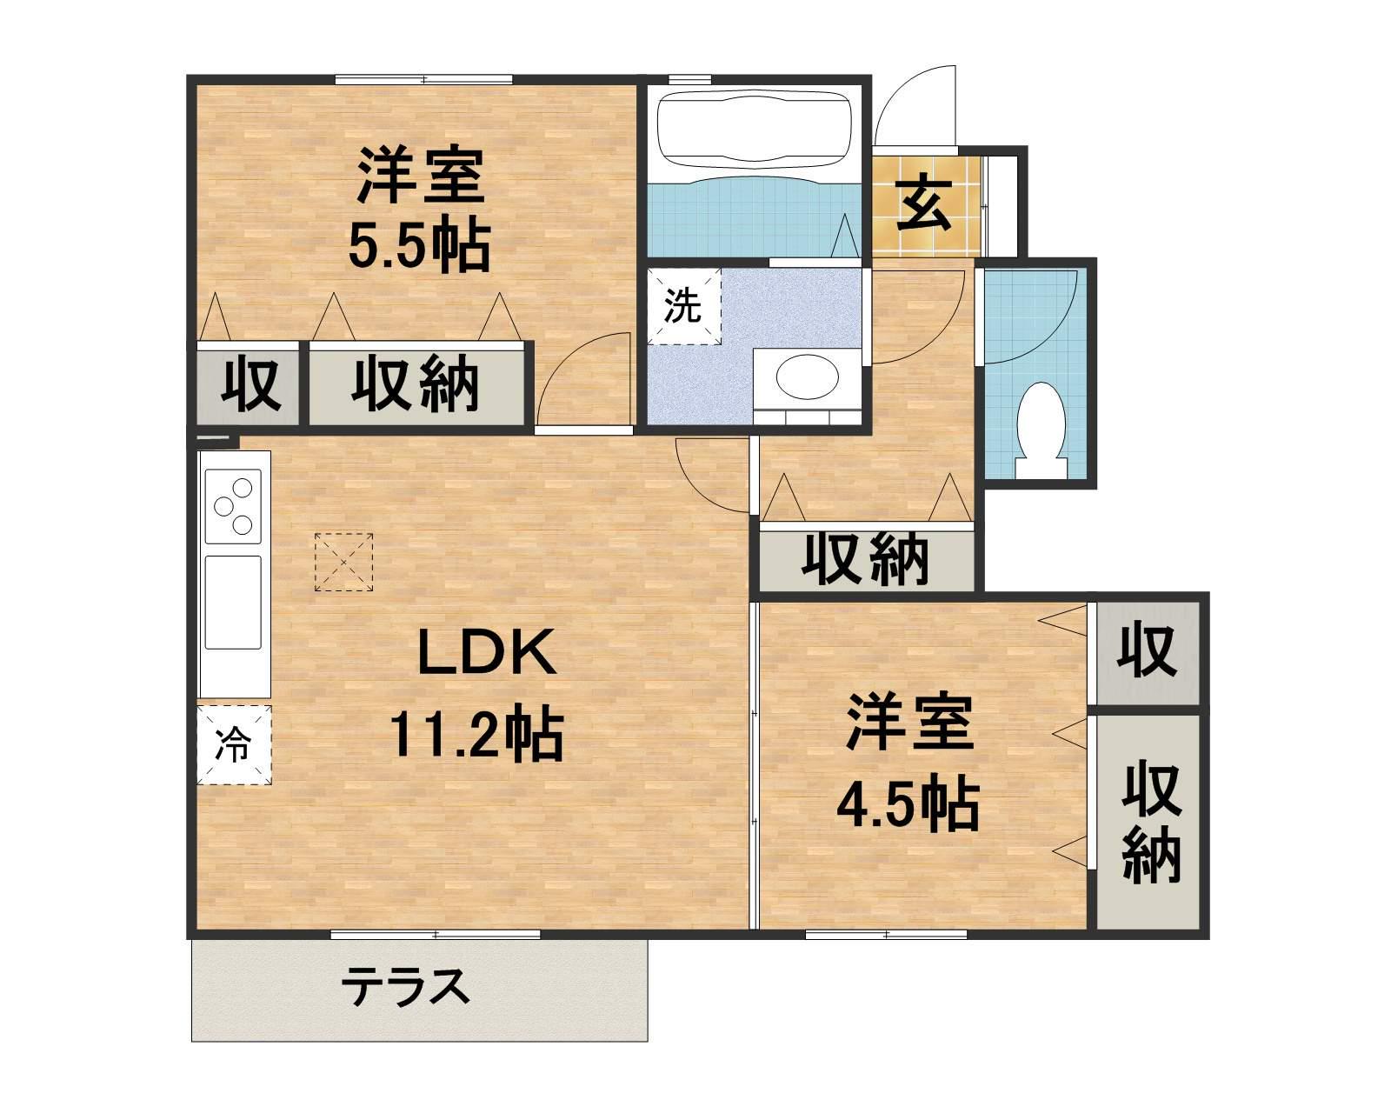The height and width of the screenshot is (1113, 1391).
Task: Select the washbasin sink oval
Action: [x=807, y=377]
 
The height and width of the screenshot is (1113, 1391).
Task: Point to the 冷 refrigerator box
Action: [x=234, y=745]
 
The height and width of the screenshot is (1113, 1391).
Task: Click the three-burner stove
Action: [x=234, y=503]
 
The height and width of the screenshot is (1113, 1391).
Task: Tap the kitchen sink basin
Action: [x=233, y=602]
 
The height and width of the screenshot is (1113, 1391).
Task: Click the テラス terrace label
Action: [x=405, y=989]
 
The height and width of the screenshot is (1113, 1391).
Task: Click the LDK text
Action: [x=487, y=654]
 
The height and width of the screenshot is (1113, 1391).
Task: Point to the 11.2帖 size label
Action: [x=477, y=735]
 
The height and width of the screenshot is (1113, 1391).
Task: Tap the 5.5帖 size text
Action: [x=419, y=247]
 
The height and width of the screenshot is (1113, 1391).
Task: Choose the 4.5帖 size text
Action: [x=908, y=804]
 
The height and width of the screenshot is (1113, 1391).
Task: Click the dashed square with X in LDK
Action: [x=343, y=563]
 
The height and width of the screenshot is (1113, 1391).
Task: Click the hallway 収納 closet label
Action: [x=865, y=559]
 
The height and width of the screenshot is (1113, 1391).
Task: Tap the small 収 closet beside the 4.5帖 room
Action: [x=1147, y=650]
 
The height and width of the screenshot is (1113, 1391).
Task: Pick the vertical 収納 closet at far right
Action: [x=1150, y=822]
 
